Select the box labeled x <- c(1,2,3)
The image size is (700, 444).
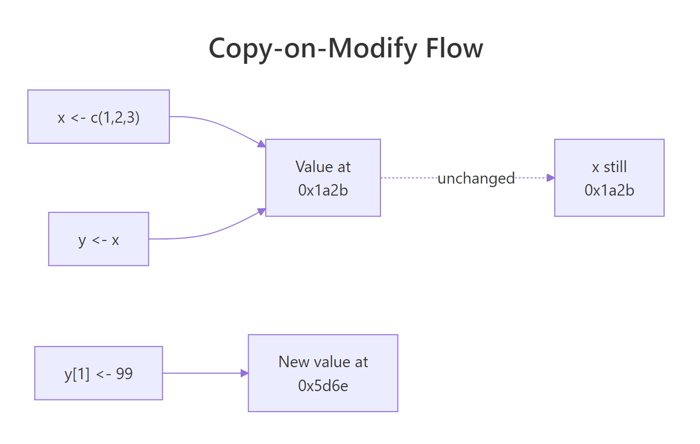coord(98,117)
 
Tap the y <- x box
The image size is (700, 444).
coord(98,239)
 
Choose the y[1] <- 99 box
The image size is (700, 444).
coord(98,373)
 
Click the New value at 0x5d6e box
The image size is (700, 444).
coord(323,373)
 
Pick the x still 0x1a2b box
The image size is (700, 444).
coord(609,178)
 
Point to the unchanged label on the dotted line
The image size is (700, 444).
coord(476,178)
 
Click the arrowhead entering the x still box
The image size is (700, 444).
coord(551,178)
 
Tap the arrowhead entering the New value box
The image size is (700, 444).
coord(244,373)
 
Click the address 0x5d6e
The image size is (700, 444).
coord(323,386)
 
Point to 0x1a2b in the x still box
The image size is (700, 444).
coord(609,190)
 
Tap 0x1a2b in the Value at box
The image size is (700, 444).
coord(323,190)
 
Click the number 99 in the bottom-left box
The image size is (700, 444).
coord(124,374)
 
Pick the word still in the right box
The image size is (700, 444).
coord(615,167)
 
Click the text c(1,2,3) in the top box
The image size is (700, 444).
coord(115,117)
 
